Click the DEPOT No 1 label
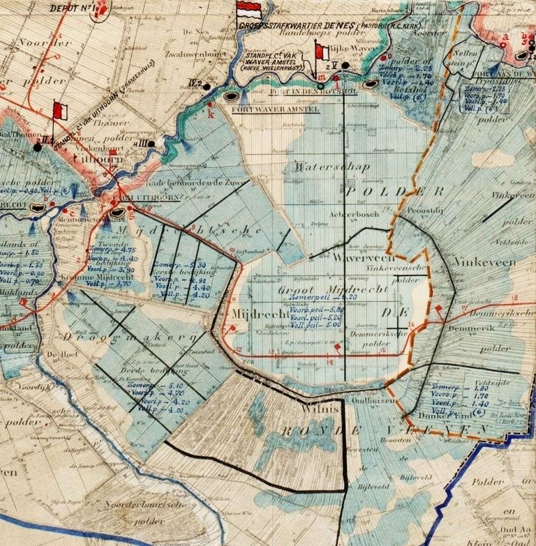tap(71, 8)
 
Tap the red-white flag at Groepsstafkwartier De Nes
tap(248, 11)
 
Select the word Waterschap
tap(320, 167)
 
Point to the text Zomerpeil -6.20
tap(315, 296)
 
